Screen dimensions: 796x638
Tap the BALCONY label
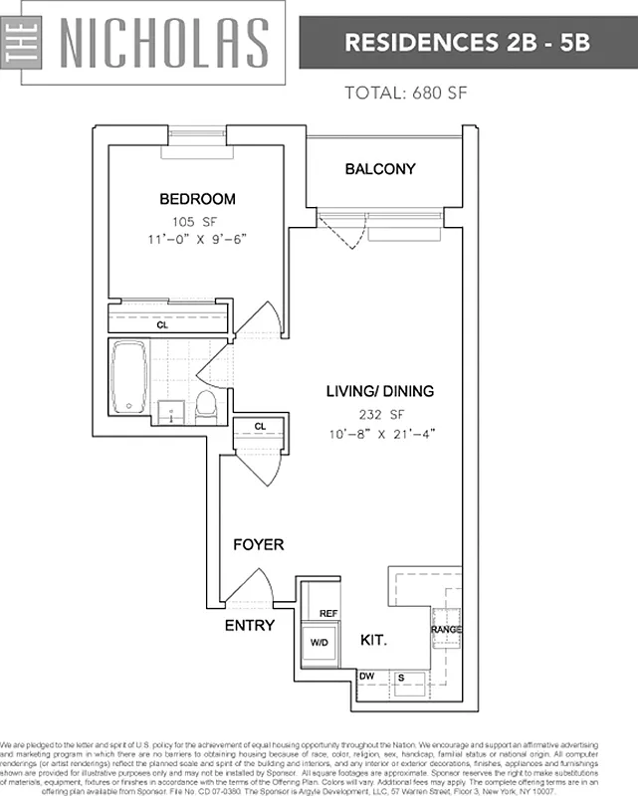379,169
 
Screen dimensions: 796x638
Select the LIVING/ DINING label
380,391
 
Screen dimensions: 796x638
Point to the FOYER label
259,544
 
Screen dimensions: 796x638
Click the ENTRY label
249,625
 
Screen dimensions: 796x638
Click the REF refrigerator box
327,614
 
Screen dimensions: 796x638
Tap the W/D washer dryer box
319,643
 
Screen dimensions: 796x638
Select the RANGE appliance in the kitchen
445,628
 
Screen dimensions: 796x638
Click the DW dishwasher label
366,677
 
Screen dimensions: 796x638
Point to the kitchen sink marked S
401,678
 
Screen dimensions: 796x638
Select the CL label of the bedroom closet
162,324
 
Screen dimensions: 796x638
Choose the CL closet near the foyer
260,426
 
